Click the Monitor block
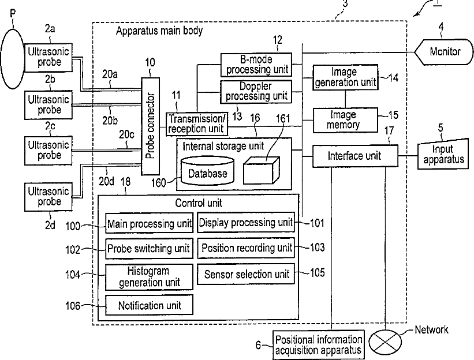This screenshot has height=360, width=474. click(444, 52)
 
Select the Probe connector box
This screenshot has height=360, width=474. click(151, 126)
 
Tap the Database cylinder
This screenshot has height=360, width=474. click(207, 170)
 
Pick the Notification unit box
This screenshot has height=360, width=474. click(150, 305)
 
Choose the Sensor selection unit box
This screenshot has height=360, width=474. click(246, 274)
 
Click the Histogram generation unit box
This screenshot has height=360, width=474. click(150, 277)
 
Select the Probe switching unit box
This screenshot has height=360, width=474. click(150, 249)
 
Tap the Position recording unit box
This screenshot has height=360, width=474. click(246, 248)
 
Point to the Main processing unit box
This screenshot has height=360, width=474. click(150, 223)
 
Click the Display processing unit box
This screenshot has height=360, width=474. click(246, 223)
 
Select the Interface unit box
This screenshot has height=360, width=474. click(355, 156)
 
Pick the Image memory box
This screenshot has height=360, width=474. click(345, 120)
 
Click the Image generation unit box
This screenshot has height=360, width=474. click(345, 77)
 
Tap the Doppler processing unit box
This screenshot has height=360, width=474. click(256, 92)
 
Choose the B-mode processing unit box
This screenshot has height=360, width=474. click(256, 65)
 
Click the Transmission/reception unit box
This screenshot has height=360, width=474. click(197, 124)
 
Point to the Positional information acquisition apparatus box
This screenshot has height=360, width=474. click(319, 345)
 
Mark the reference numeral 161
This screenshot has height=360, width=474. click(283, 118)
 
